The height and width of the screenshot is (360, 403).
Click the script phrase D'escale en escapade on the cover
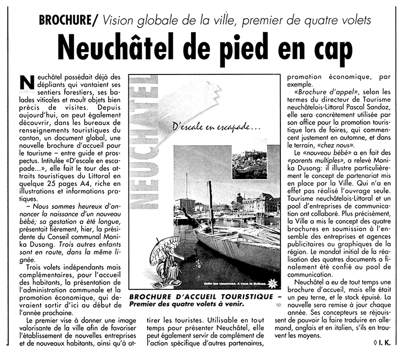tap(216, 128)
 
